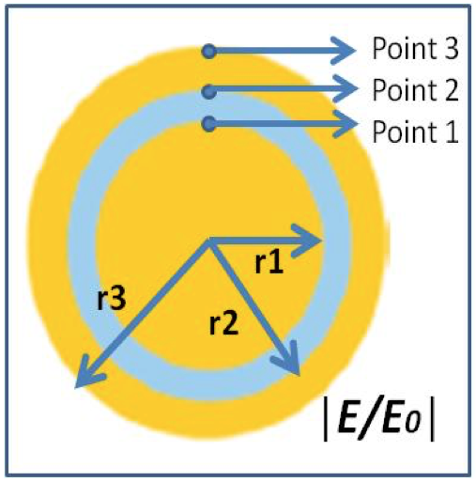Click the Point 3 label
[415, 49]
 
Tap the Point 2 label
[415, 89]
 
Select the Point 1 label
[415, 132]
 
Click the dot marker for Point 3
[209, 51]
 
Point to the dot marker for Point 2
[209, 91]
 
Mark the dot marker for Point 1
[209, 124]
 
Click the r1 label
[269, 262]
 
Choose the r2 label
[223, 323]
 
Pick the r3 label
[112, 299]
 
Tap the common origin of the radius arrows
[209, 241]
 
